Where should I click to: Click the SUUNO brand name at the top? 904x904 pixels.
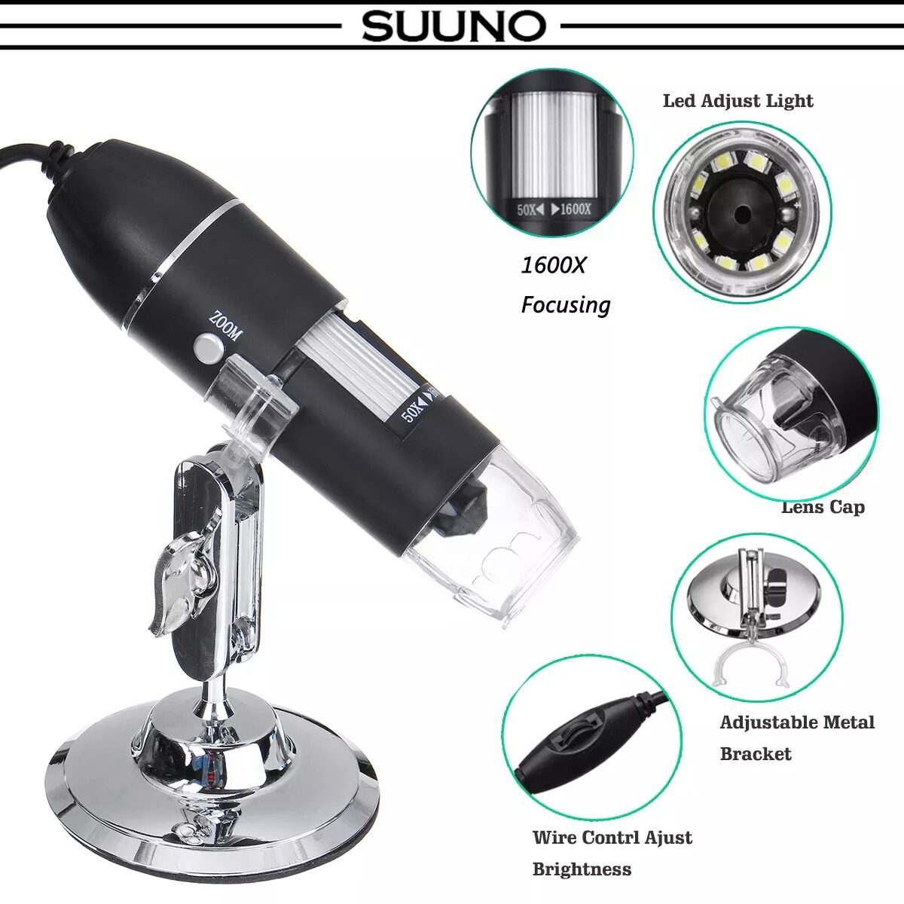click(453, 26)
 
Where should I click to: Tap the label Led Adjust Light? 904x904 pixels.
click(738, 101)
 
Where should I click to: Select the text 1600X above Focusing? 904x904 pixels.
click(553, 265)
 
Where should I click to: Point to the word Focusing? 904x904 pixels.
click(565, 305)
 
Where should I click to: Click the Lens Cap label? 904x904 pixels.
click(823, 507)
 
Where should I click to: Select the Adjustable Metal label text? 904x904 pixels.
click(796, 723)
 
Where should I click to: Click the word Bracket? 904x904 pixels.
click(755, 754)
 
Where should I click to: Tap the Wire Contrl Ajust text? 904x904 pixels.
click(612, 838)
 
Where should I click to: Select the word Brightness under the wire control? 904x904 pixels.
click(582, 869)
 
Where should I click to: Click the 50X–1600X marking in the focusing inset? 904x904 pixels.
click(554, 209)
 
